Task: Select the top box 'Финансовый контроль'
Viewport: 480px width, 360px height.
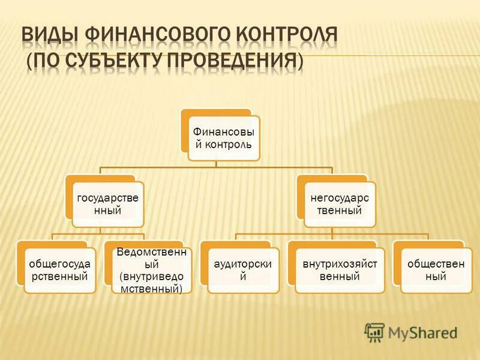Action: [224, 138]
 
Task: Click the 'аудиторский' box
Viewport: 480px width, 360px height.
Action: [244, 271]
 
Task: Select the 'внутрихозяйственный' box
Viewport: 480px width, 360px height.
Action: [340, 271]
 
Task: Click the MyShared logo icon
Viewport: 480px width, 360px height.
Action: [374, 332]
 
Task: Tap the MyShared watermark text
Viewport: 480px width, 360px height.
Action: [423, 332]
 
